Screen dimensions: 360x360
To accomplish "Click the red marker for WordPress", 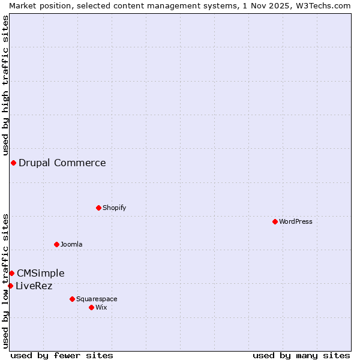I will [275, 221].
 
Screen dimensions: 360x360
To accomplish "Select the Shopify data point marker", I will [98, 208].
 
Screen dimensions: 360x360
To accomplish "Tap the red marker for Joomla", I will [56, 244].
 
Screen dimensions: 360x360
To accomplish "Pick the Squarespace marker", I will [72, 299].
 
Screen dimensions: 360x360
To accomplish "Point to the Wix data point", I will [91, 307].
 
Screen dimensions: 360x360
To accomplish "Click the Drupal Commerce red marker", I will [13, 163].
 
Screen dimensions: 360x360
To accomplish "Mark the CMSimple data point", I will [11, 273].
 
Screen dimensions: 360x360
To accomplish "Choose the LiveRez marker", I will [10, 286].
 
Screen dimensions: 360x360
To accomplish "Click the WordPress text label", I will [296, 221].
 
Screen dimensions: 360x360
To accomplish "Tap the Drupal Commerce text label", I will [62, 163].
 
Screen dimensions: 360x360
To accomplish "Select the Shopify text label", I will [114, 208].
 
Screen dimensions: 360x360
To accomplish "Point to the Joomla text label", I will [71, 244].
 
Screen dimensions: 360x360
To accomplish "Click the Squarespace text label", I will [97, 299].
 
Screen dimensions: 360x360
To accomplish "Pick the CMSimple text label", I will [41, 273].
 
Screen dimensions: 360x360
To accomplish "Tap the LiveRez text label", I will [34, 286].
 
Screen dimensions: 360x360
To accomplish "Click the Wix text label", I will [101, 307].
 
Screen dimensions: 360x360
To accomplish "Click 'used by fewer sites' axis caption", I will [62, 355].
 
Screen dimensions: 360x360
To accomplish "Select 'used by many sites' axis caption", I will [301, 355].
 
